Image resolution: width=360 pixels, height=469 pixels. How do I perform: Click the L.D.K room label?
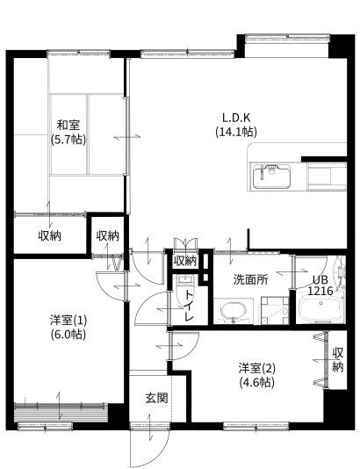click(236, 118)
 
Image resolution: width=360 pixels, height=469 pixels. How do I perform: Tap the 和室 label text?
click(68, 125)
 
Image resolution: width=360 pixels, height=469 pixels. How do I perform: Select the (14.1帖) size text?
click(236, 132)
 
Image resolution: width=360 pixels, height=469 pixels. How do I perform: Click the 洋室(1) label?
click(68, 321)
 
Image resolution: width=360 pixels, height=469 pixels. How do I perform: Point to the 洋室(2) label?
click(257, 368)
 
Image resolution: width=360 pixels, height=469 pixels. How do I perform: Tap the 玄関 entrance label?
click(156, 398)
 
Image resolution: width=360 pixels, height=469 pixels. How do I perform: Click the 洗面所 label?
click(250, 279)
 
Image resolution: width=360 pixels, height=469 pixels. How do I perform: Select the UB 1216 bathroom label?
click(320, 285)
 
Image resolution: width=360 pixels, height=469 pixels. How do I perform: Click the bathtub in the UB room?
click(320, 307)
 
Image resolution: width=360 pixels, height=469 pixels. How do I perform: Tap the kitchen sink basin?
click(271, 177)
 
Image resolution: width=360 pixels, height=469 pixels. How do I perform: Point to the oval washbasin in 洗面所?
click(234, 312)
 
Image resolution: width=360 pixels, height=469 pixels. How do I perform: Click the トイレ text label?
click(189, 306)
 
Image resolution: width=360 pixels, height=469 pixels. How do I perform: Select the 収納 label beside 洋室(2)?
click(338, 359)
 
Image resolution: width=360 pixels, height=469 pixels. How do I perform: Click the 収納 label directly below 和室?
click(50, 236)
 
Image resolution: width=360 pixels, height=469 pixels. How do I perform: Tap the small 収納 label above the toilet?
click(185, 262)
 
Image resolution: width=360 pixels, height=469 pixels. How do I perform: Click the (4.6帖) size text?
click(257, 382)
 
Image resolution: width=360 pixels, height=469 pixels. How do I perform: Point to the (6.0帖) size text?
click(68, 335)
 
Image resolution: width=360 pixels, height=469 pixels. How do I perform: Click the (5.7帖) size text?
click(68, 140)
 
